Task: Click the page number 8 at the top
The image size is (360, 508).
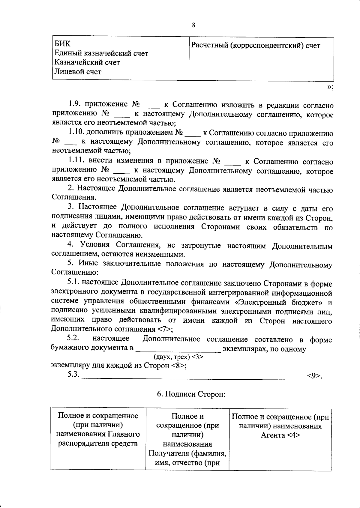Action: pos(193,25)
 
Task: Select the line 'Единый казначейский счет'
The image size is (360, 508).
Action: pos(101,53)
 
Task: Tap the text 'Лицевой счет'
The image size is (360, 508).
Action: pos(78,72)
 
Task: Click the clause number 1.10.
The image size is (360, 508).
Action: pos(76,132)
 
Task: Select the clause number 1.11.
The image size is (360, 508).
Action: pos(76,161)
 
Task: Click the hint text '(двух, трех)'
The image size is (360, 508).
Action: pos(172,357)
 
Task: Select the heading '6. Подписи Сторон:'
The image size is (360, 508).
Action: pos(191,394)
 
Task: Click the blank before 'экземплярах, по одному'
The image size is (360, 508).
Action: pos(178,350)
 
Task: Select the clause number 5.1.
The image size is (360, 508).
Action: pos(74,282)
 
